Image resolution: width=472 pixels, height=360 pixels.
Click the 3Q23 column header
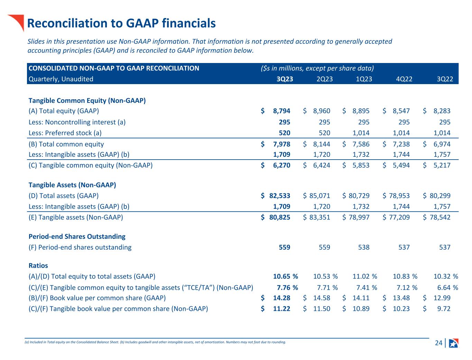(x=285, y=79)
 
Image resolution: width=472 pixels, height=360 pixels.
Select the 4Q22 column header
(x=404, y=79)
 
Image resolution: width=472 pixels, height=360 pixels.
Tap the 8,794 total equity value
(x=281, y=111)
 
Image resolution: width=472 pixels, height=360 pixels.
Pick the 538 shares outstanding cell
(x=363, y=247)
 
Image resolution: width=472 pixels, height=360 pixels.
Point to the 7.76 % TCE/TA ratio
(x=287, y=287)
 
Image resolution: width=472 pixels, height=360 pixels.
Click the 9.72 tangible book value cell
(x=444, y=308)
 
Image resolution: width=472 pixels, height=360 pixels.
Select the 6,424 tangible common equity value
(x=322, y=165)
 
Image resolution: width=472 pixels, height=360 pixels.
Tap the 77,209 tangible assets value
(x=399, y=217)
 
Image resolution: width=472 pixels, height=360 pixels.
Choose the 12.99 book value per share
(x=442, y=298)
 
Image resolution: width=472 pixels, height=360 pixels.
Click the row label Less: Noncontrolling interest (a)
(x=77, y=122)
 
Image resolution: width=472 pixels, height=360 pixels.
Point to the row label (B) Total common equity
(x=66, y=144)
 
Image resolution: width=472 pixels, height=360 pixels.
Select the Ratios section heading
(x=38, y=265)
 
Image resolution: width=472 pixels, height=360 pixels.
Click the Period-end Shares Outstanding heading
(x=77, y=236)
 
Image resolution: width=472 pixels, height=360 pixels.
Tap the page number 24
(x=438, y=343)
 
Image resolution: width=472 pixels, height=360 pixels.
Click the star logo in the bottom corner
(x=453, y=343)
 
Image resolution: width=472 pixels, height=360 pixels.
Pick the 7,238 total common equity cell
(x=401, y=144)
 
